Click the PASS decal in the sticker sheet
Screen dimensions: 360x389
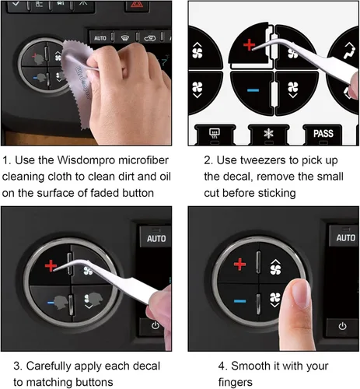tap(323, 134)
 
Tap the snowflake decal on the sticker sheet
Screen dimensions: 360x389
tap(269, 134)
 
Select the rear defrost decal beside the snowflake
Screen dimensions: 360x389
tap(215, 134)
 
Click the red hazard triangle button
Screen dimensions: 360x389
tap(137, 5)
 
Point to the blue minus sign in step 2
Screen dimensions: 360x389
tap(253, 90)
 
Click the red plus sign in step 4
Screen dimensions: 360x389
tap(239, 265)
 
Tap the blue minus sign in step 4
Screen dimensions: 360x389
tap(239, 301)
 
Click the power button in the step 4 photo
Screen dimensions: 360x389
tap(343, 326)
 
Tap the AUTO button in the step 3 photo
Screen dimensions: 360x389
tap(156, 237)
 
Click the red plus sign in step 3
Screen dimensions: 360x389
tap(51, 265)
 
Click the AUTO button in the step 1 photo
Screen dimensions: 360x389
tap(100, 38)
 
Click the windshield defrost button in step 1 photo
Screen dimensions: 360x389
tap(125, 38)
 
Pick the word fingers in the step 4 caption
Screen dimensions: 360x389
tap(236, 383)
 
